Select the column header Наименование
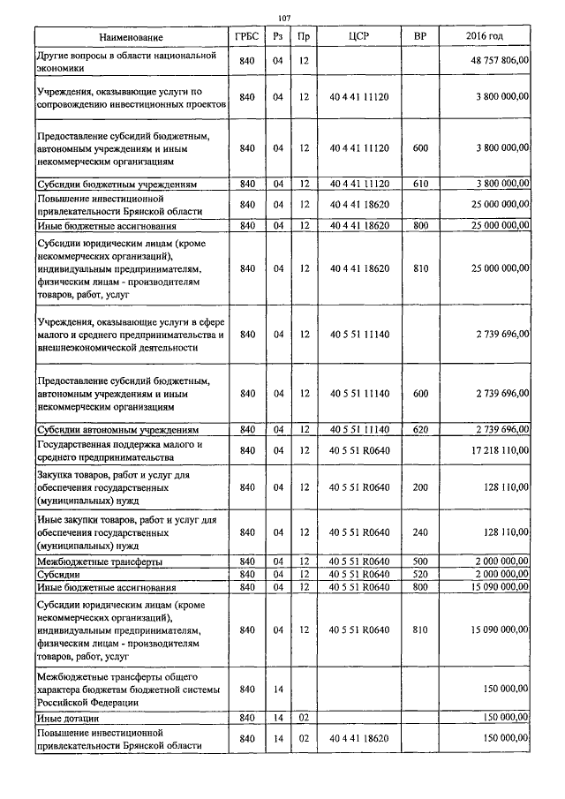coord(132,37)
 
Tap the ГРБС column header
coord(247,36)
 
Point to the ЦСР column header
coord(358,36)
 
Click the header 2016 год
coord(484,36)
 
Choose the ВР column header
coord(420,36)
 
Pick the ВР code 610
coord(420,184)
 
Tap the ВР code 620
coord(420,429)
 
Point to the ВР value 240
coord(420,532)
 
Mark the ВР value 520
coord(420,574)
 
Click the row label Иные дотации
coord(68,718)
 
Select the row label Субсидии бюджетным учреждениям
coord(116,185)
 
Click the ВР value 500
coord(420,562)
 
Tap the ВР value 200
coord(420,486)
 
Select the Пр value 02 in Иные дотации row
coord(304,717)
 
